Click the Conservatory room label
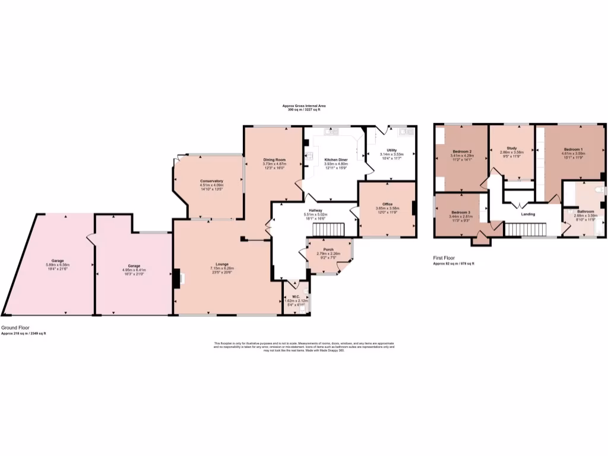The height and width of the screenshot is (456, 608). coord(211,180)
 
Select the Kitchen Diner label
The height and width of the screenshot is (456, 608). coord(335,160)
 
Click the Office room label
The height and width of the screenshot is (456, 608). coord(387,204)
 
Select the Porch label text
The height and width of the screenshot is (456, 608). coord(328,249)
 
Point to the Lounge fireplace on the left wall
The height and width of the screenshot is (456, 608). coord(178,278)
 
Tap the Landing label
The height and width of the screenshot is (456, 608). coord(528,214)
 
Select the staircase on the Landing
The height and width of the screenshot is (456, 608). coord(525,229)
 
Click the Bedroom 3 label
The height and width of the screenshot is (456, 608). coord(460,213)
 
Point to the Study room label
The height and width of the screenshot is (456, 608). coord(511,148)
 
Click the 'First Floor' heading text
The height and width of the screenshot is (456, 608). coord(445,258)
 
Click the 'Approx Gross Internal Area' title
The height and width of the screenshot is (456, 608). coord(303,106)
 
